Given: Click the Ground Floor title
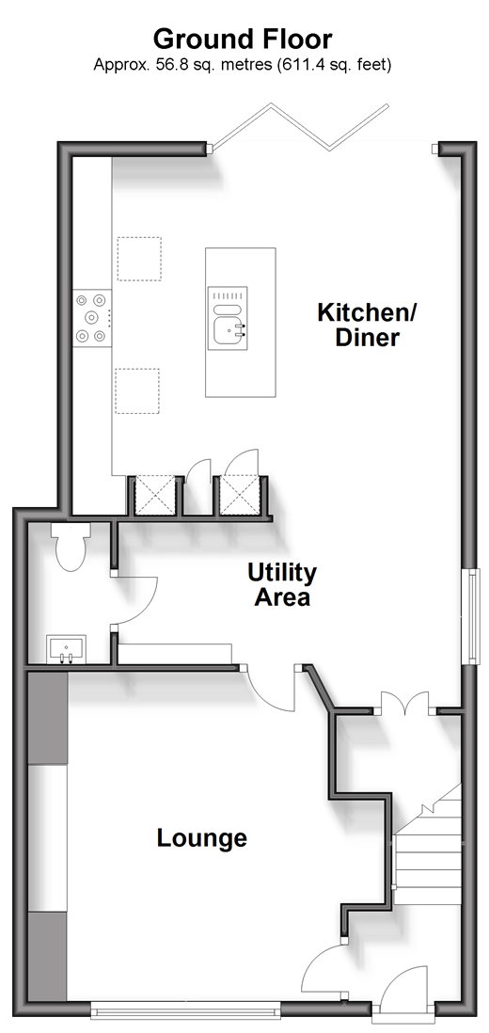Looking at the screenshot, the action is point(243,40).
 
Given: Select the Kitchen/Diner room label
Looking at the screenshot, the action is point(368,325).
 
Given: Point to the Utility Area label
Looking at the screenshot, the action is point(282,585).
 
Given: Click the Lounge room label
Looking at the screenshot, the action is point(202,838).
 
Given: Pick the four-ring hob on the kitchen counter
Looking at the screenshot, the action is point(92,318).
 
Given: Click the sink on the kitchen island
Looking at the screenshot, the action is point(228,317).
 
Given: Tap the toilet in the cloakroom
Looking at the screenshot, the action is point(71,547).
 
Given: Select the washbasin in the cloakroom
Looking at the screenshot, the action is point(66,648).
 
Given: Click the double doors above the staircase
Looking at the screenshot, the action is point(405,702).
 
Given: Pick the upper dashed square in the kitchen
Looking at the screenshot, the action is point(139,259).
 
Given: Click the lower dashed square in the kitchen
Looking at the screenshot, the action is point(137,390).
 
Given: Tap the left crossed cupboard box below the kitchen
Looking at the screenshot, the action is point(154,496).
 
